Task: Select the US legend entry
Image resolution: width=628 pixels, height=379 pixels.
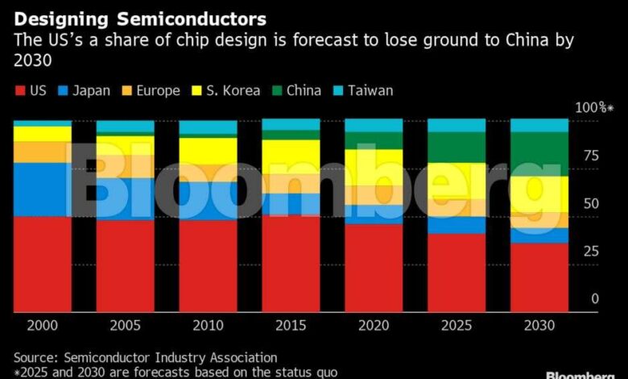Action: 31,90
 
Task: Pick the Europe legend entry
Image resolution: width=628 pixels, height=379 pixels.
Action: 149,90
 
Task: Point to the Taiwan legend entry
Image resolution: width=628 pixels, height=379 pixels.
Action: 363,90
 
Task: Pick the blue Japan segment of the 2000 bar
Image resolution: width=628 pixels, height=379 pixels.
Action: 42,189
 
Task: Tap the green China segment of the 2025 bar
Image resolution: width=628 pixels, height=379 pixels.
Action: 456,147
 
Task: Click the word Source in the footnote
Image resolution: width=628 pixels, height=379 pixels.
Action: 35,357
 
